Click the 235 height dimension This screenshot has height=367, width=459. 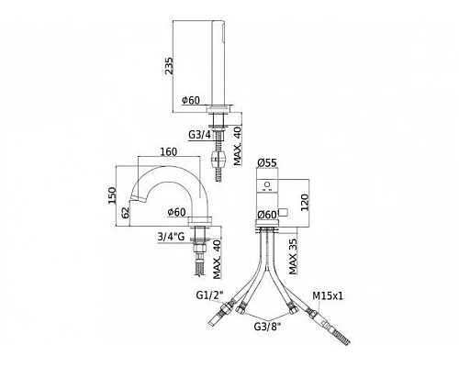169,66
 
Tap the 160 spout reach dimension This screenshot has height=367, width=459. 168,151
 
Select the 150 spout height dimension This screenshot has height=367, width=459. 112,195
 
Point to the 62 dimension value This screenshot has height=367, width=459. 126,212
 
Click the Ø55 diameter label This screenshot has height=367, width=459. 267,162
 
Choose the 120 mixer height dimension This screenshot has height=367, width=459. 306,202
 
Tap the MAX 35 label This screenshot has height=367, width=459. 293,257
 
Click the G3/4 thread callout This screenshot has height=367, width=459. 199,135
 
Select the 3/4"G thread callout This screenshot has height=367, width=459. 171,237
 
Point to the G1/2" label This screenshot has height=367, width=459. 209,295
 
